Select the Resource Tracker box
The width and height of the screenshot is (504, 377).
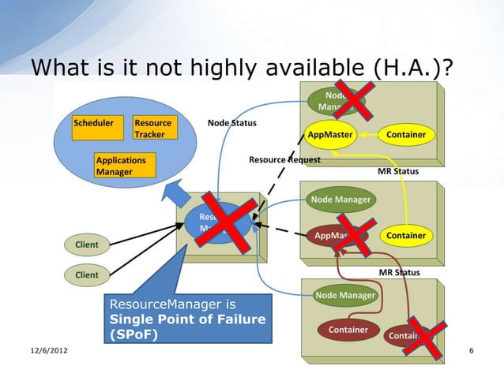[x=152, y=129]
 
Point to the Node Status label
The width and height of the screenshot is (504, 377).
[x=231, y=123]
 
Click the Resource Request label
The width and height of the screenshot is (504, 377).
[x=284, y=159]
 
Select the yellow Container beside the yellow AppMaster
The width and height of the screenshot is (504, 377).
[x=406, y=135]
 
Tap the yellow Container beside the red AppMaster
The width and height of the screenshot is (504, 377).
[x=406, y=235]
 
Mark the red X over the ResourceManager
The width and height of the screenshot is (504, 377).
[x=225, y=222]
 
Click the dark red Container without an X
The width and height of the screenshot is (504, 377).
[x=348, y=329]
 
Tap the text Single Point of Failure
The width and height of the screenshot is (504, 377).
[x=186, y=319]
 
